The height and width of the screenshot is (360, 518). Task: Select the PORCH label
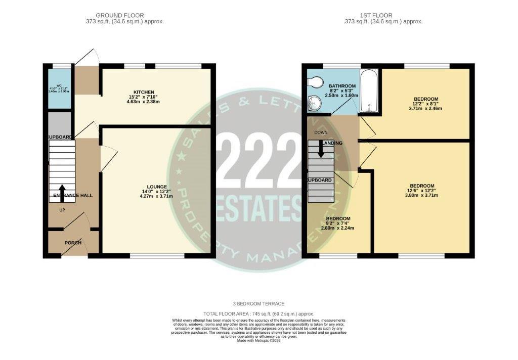[x=72, y=243]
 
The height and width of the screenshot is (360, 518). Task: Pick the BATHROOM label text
[x=342, y=86]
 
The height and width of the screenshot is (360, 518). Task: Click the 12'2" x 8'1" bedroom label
[x=425, y=99]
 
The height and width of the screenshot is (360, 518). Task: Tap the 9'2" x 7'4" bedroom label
[x=338, y=219]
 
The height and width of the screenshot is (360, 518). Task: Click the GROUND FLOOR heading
[x=119, y=15]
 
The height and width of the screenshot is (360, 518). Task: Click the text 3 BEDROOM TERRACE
[x=258, y=304]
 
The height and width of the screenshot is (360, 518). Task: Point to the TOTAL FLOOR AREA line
[x=258, y=313]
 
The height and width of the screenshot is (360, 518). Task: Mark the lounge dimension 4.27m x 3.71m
[x=157, y=196]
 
